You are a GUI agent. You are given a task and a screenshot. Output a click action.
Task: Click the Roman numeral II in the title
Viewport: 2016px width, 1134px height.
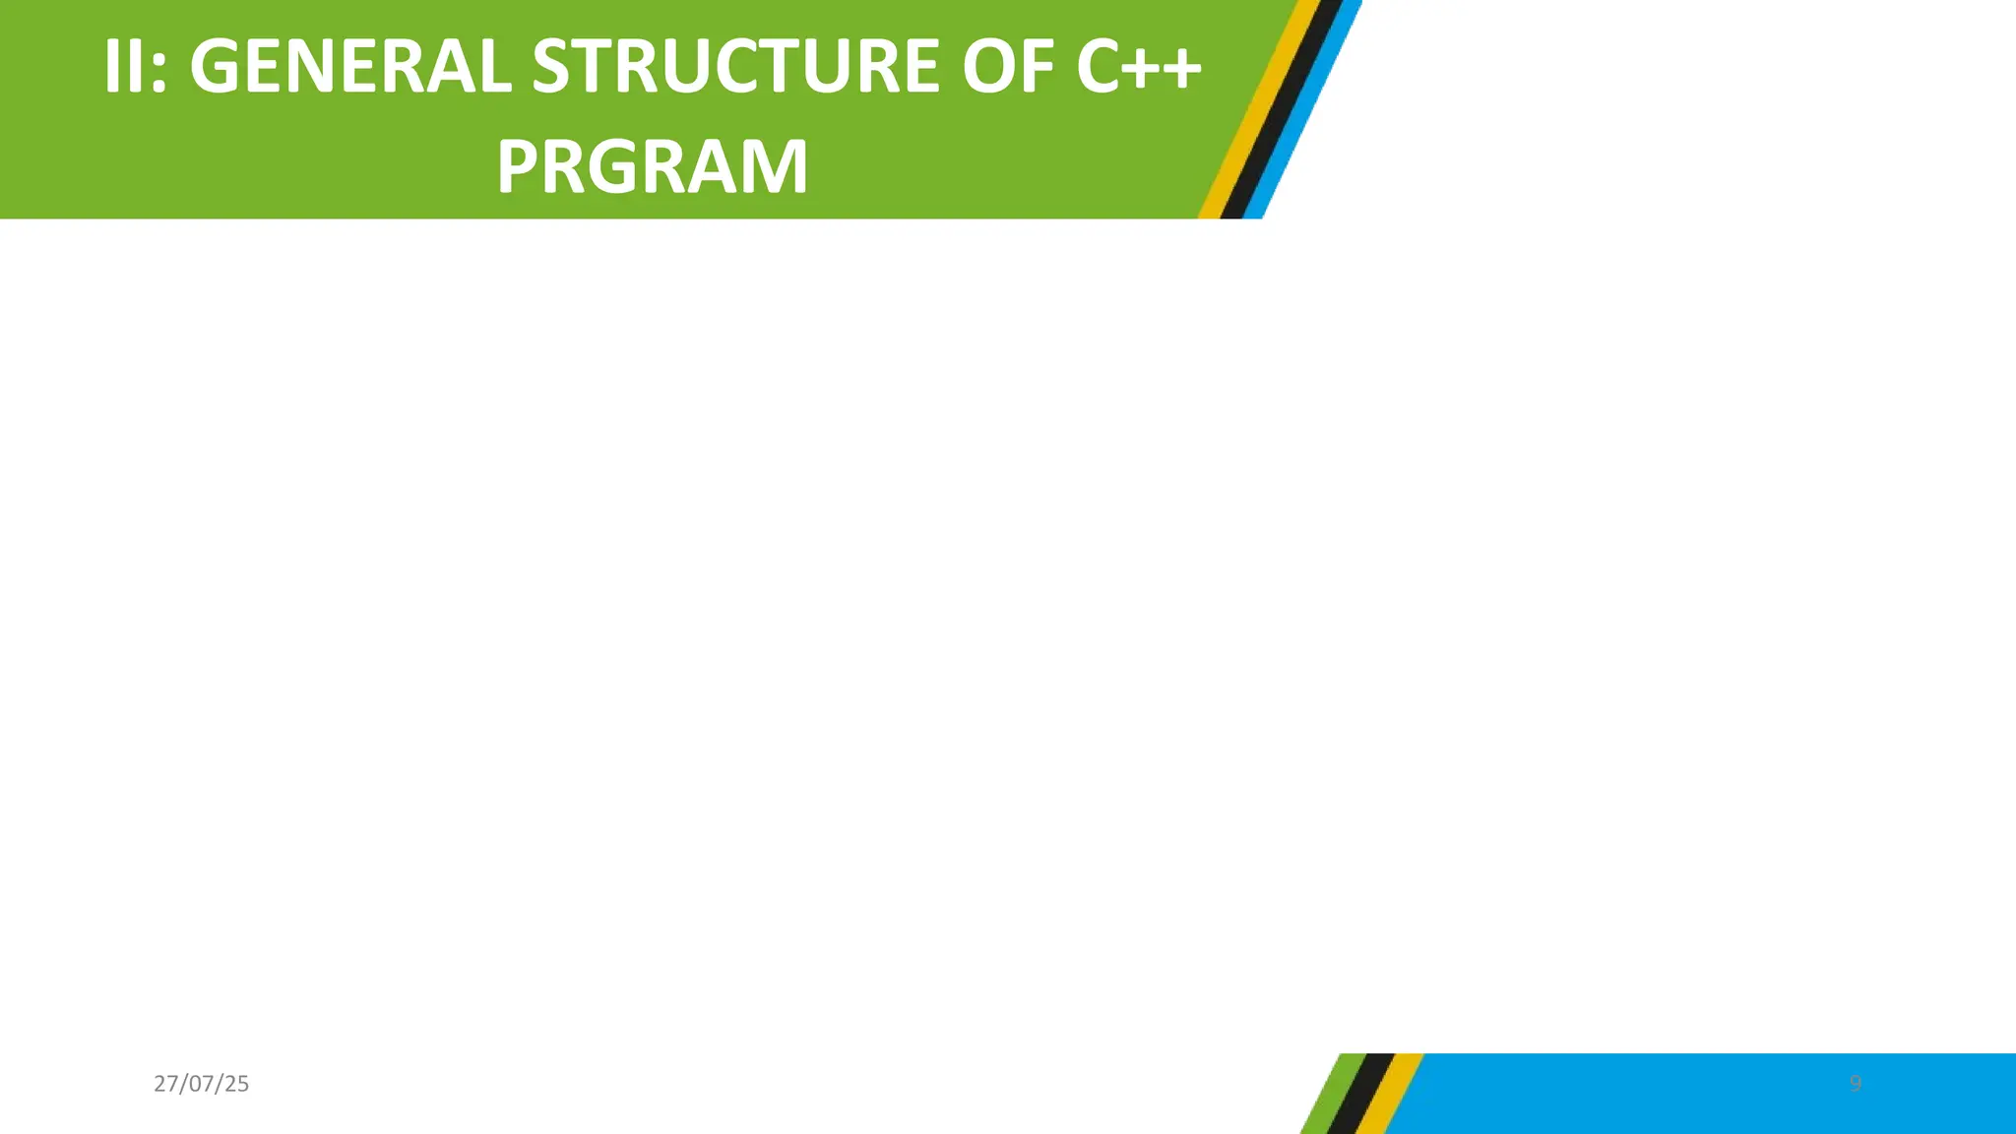click(125, 67)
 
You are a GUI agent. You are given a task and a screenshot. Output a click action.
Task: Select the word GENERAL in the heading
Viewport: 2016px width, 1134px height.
click(349, 67)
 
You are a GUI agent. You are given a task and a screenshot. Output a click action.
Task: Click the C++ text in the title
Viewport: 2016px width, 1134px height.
click(1138, 67)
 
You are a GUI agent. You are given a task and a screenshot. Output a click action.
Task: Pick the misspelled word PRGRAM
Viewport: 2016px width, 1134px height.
click(652, 167)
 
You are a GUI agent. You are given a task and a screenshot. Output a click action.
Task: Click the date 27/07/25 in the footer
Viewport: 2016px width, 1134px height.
click(202, 1084)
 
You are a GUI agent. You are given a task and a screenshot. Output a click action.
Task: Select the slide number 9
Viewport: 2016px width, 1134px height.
click(1856, 1084)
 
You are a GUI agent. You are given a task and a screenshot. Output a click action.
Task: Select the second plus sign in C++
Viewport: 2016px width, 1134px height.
click(1181, 69)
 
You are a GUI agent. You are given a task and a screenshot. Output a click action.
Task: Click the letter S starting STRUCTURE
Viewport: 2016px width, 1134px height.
click(550, 67)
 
